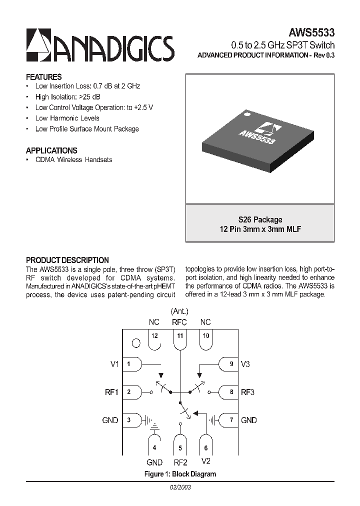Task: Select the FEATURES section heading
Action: tap(43, 77)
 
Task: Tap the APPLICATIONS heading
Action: tap(51, 150)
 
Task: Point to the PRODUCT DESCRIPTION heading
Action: tap(67, 260)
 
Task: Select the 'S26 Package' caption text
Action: tap(260, 219)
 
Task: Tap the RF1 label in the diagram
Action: tap(111, 392)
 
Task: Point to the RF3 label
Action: tap(248, 392)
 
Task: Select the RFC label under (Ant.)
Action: tap(179, 322)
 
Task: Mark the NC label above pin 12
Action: tap(154, 322)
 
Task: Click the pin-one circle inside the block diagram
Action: tap(135, 343)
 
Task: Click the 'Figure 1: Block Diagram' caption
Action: tap(180, 473)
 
